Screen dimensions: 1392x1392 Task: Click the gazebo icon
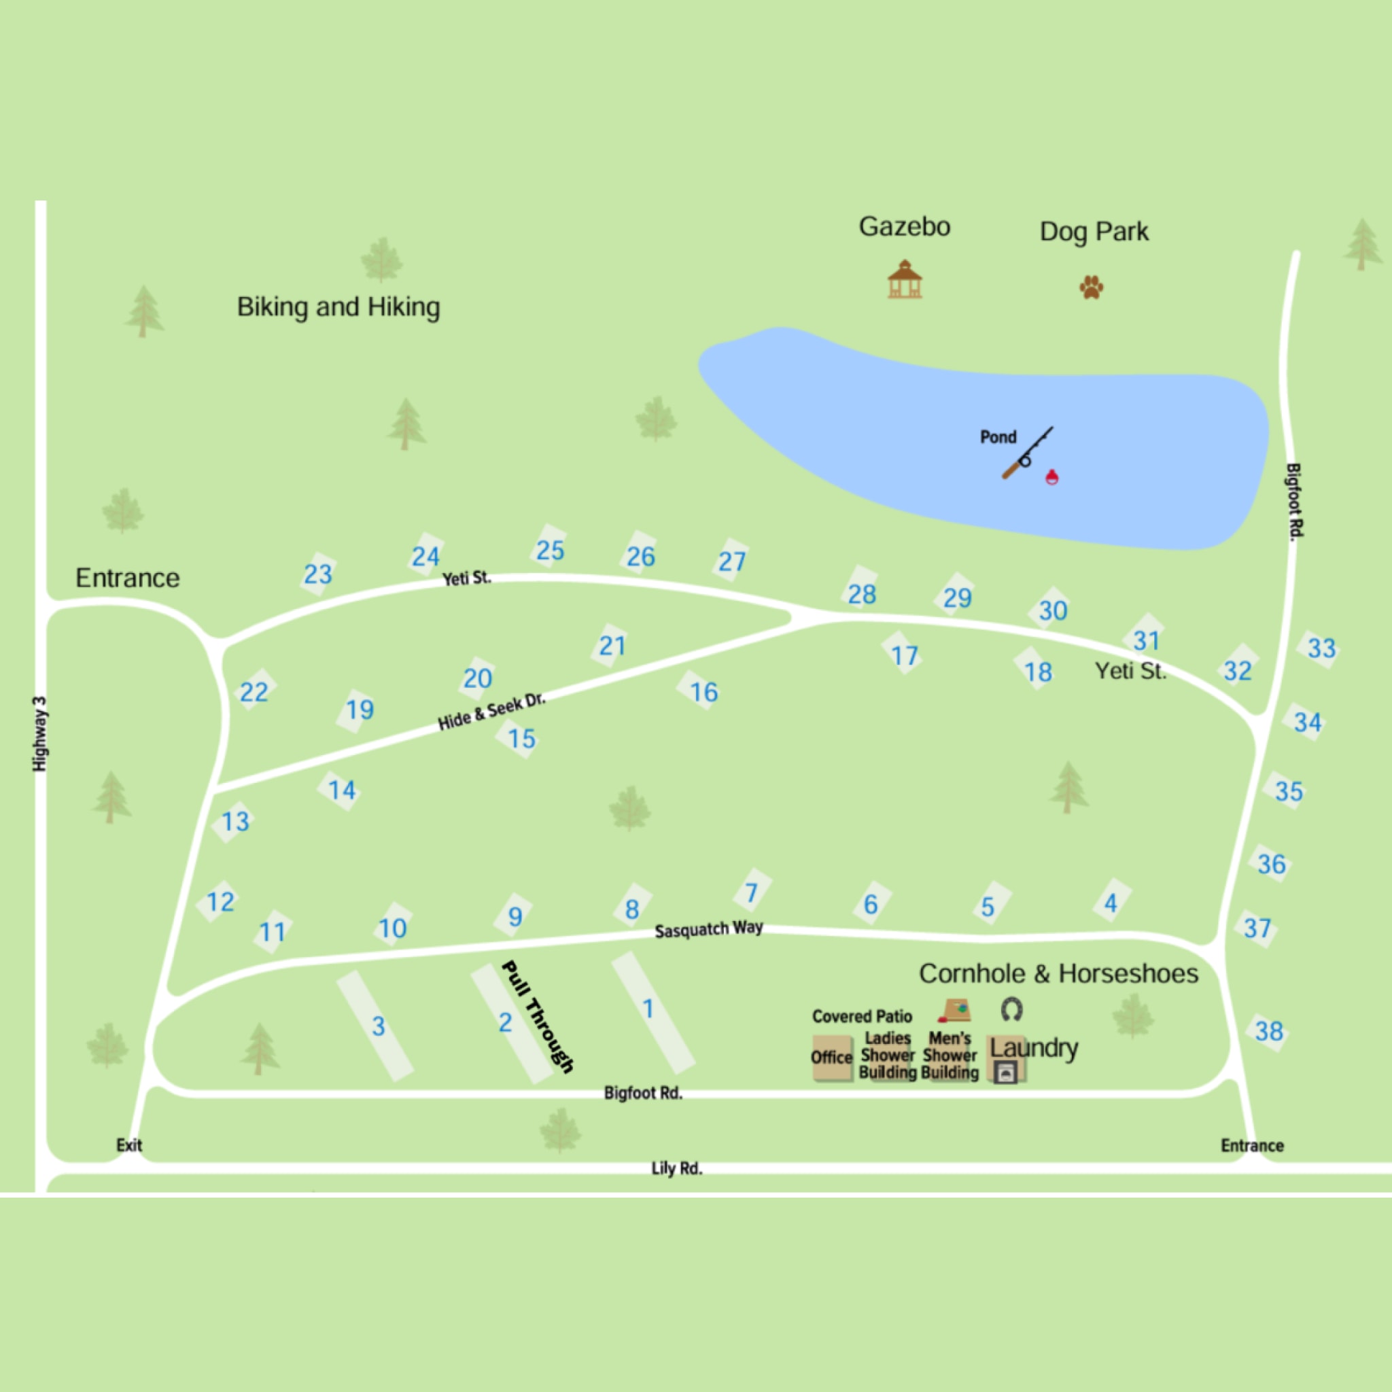click(904, 279)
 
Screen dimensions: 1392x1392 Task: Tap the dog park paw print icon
click(1091, 287)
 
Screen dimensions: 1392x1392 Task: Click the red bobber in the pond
click(1052, 476)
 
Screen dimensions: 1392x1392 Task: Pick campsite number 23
click(317, 574)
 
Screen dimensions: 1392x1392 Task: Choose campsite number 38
click(1269, 1031)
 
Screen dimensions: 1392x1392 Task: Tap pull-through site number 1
click(648, 1009)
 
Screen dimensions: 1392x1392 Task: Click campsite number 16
click(704, 693)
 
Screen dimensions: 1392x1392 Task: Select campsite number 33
click(1321, 648)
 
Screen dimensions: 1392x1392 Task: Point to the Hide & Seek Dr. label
click(492, 712)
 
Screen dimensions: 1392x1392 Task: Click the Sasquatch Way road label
click(708, 928)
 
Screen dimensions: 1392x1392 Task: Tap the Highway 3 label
click(40, 733)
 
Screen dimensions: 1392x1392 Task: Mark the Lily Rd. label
click(676, 1168)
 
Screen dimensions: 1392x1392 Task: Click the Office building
click(831, 1058)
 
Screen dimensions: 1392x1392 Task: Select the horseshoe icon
click(1011, 1009)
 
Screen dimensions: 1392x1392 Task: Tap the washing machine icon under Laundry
click(1006, 1073)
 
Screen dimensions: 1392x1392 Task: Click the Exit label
click(129, 1145)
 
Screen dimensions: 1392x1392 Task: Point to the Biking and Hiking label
click(338, 307)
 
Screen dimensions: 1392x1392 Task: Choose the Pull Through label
click(538, 1017)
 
